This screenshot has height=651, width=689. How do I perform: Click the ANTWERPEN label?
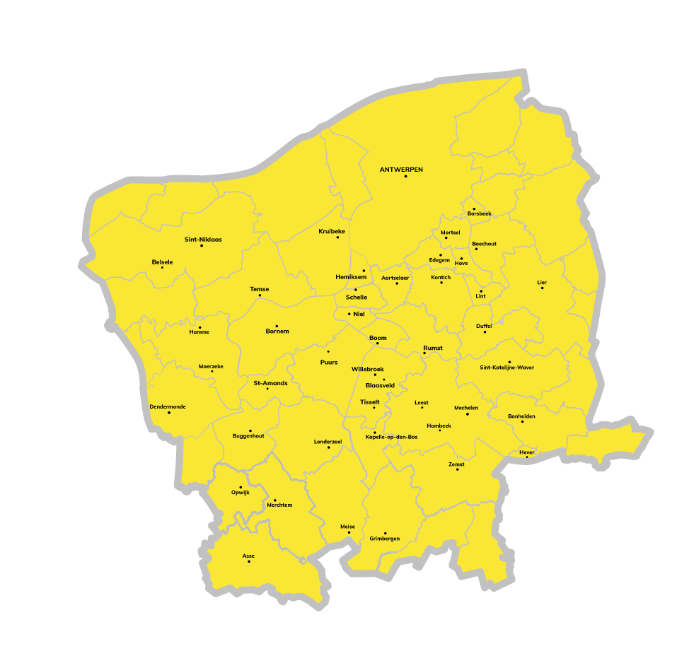click(x=401, y=170)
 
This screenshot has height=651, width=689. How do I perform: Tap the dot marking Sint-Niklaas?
click(x=202, y=245)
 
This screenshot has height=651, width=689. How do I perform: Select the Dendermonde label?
click(x=168, y=406)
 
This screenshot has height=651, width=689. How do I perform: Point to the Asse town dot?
click(x=248, y=561)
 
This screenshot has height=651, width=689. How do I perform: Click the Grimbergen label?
click(x=384, y=539)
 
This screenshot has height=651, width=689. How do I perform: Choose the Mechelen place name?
click(x=466, y=408)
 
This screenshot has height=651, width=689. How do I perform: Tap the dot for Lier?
click(x=542, y=288)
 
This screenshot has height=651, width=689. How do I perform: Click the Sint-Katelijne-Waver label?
click(x=506, y=368)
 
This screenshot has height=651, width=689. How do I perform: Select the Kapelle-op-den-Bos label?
click(x=391, y=437)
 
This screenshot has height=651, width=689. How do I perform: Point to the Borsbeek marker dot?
click(x=474, y=209)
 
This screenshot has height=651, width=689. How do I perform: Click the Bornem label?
click(x=277, y=331)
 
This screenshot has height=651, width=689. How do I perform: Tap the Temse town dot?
click(x=260, y=295)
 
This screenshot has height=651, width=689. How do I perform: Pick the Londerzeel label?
click(x=328, y=441)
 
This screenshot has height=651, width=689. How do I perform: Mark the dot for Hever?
click(x=526, y=457)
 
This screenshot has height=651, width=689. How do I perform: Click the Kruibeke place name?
click(x=332, y=231)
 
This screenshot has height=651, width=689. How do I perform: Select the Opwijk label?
click(x=240, y=492)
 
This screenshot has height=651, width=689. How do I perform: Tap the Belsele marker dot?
click(x=162, y=267)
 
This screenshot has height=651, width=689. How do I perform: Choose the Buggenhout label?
click(x=248, y=435)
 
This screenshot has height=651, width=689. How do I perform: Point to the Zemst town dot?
click(x=457, y=469)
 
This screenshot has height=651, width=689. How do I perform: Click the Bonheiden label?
click(x=521, y=416)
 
